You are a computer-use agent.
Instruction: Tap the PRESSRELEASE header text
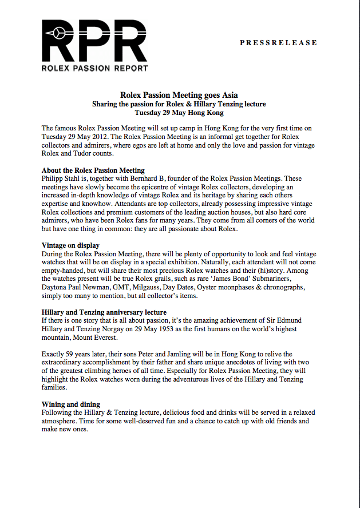[x=278, y=43]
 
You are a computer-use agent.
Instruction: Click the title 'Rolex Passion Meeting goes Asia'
[x=179, y=95]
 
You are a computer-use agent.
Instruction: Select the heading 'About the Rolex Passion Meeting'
[x=93, y=170]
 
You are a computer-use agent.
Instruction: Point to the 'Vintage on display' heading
[x=71, y=245]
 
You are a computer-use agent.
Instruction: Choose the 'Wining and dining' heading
[x=71, y=404]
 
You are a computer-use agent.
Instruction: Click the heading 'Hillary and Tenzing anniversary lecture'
[x=104, y=312]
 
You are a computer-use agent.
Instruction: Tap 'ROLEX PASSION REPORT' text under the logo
[x=95, y=68]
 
